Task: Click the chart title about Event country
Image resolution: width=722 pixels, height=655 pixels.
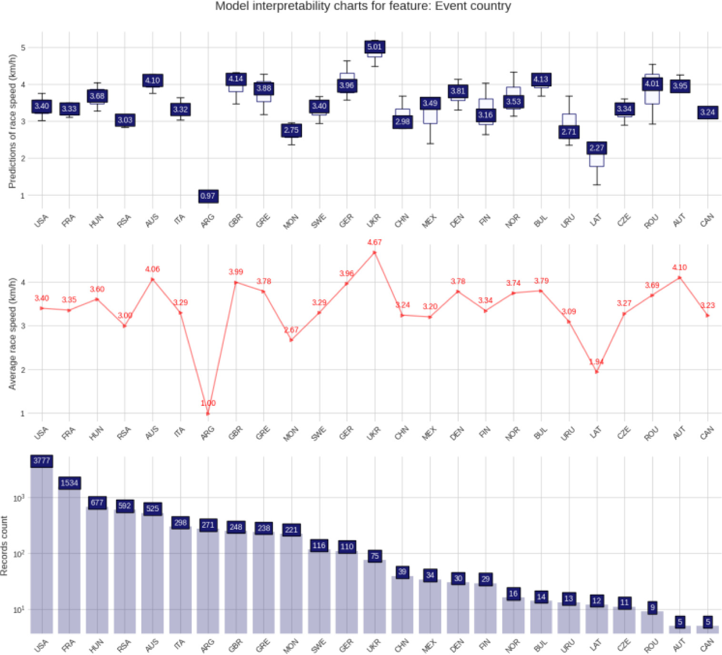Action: point(363,6)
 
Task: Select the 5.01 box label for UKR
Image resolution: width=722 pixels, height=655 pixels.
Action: point(374,47)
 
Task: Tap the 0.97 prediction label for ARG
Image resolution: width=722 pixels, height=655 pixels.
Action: point(208,196)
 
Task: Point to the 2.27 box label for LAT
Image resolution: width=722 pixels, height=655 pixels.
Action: point(596,148)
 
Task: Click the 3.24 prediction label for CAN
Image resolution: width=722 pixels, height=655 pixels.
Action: point(707,112)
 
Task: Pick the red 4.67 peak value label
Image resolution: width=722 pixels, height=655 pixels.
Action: point(374,242)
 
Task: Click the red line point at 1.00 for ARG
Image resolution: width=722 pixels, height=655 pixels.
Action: point(208,413)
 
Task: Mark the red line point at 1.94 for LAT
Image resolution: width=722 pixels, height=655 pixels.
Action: point(596,372)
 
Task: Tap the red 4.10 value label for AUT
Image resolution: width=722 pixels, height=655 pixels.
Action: point(680,268)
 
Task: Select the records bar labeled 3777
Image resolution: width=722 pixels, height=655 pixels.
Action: point(41,548)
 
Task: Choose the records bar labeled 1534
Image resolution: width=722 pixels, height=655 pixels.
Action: point(69,557)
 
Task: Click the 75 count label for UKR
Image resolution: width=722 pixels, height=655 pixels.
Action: point(375,556)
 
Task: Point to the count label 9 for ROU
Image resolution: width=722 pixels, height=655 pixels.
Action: point(652,607)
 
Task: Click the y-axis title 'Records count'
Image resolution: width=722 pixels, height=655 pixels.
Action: point(5,545)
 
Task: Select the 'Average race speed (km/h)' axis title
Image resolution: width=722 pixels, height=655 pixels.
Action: point(12,333)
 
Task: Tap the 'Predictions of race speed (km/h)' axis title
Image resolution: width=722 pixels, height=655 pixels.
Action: point(12,121)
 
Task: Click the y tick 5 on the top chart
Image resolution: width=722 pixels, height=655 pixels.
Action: point(23,48)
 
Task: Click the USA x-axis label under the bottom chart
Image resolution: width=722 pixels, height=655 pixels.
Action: point(41,645)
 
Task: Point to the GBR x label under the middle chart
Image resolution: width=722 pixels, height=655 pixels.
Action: point(235,433)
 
